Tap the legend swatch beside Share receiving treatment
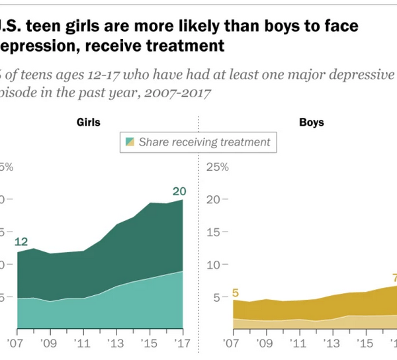pos(131,142)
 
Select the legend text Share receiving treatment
pos(204,142)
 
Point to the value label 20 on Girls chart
pos(179,192)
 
